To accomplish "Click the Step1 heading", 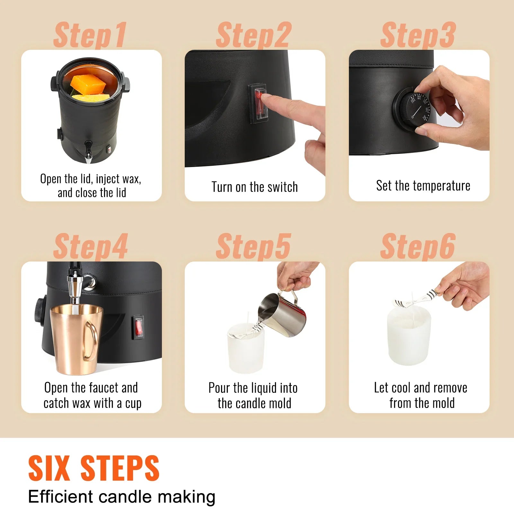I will (x=90, y=35).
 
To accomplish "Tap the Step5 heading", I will (x=253, y=247).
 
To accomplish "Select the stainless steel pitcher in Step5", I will (x=283, y=315).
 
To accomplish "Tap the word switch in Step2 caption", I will (x=283, y=187).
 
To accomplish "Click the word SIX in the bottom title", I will (x=49, y=468).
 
